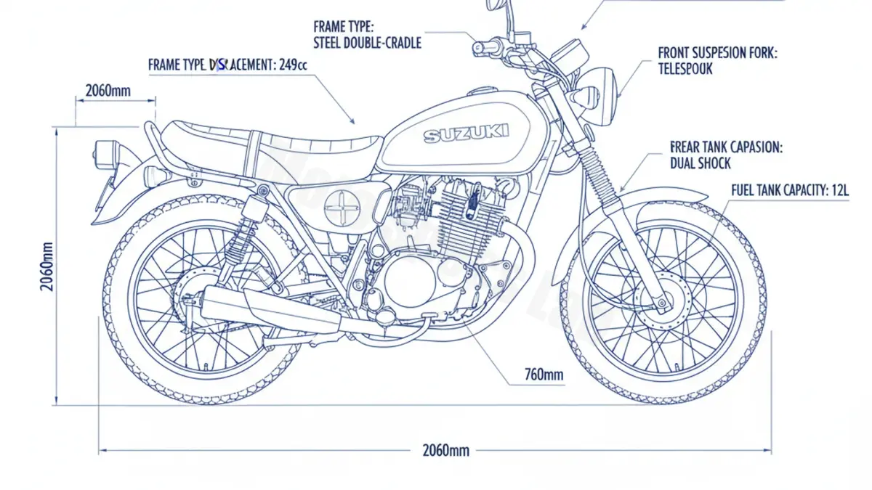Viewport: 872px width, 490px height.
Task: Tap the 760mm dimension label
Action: [x=544, y=375]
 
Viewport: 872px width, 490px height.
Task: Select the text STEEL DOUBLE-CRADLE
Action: [x=367, y=43]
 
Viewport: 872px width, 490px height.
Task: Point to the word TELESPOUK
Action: [x=685, y=69]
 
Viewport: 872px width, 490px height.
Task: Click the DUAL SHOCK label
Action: [x=700, y=163]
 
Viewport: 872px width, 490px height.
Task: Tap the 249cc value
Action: [x=293, y=65]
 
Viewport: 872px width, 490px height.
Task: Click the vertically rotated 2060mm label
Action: [x=47, y=266]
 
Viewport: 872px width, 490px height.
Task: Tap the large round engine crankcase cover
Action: [x=408, y=280]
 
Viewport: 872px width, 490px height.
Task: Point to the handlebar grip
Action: [x=485, y=49]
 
